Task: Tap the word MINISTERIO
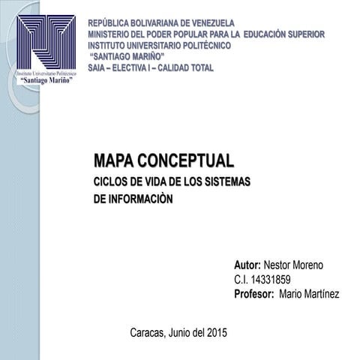click(113, 34)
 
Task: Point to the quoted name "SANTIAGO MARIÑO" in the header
click(127, 56)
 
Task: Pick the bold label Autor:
click(247, 265)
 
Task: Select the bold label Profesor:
click(254, 294)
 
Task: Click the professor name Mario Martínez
click(308, 294)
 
